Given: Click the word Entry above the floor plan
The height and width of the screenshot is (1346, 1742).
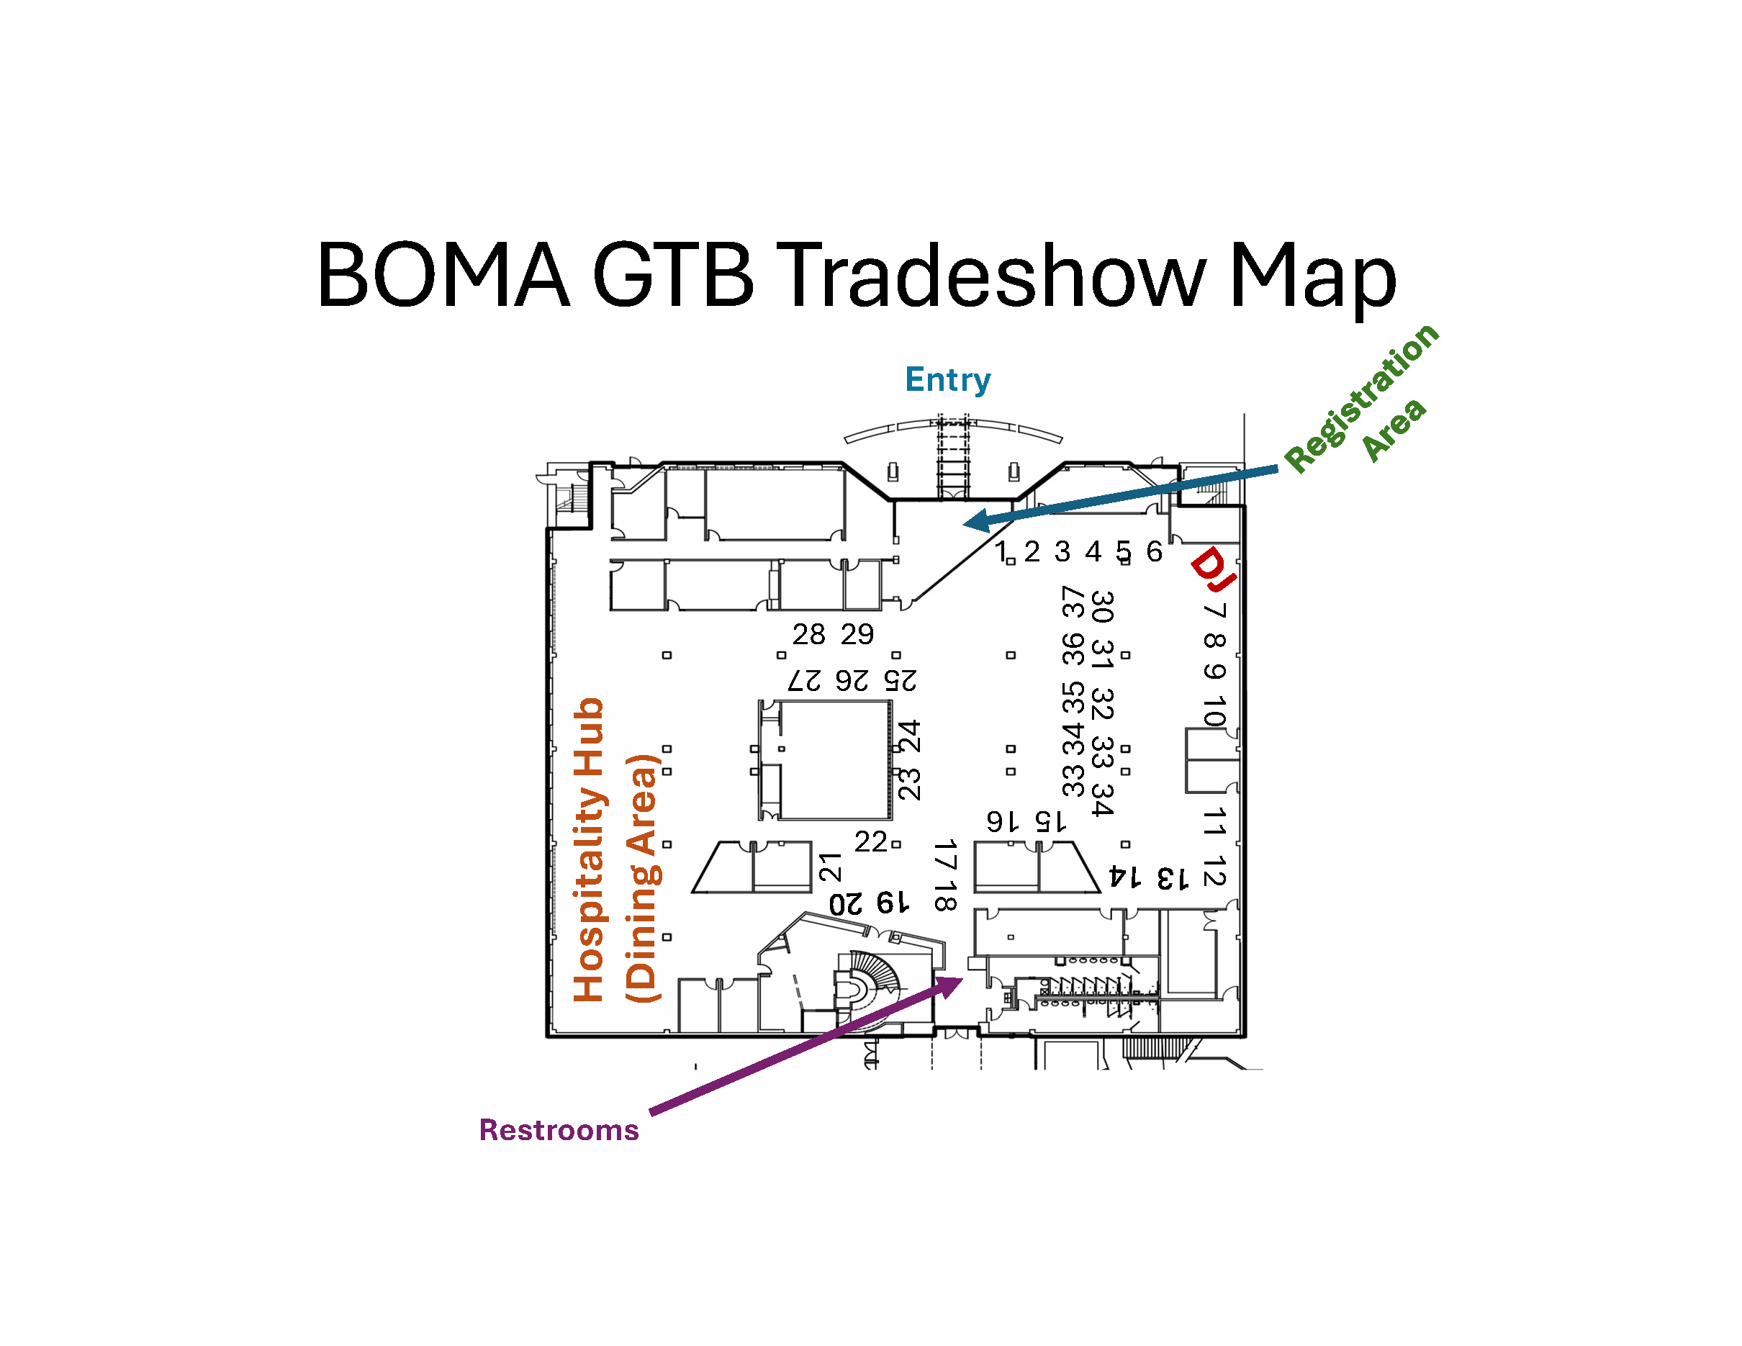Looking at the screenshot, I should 947,380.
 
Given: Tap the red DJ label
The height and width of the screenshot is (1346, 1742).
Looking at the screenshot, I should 1213,569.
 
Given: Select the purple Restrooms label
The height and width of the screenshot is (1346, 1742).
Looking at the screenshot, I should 559,1130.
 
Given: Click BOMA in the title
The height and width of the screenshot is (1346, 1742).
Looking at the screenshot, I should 443,274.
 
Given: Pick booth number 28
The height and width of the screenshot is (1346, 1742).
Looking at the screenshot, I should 808,635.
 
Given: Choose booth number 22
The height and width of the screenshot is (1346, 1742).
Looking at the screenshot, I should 870,842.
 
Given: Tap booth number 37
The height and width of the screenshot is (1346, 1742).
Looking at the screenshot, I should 1073,602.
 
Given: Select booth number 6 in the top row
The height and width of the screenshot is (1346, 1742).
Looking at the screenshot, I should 1154,551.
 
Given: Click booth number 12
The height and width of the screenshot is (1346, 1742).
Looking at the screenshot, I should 1213,872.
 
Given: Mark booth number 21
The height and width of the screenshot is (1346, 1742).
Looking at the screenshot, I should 830,867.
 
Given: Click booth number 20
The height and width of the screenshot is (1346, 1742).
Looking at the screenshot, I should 846,903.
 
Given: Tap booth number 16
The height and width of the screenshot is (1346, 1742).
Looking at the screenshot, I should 1002,821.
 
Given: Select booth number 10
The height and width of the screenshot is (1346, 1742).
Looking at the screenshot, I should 1213,710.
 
